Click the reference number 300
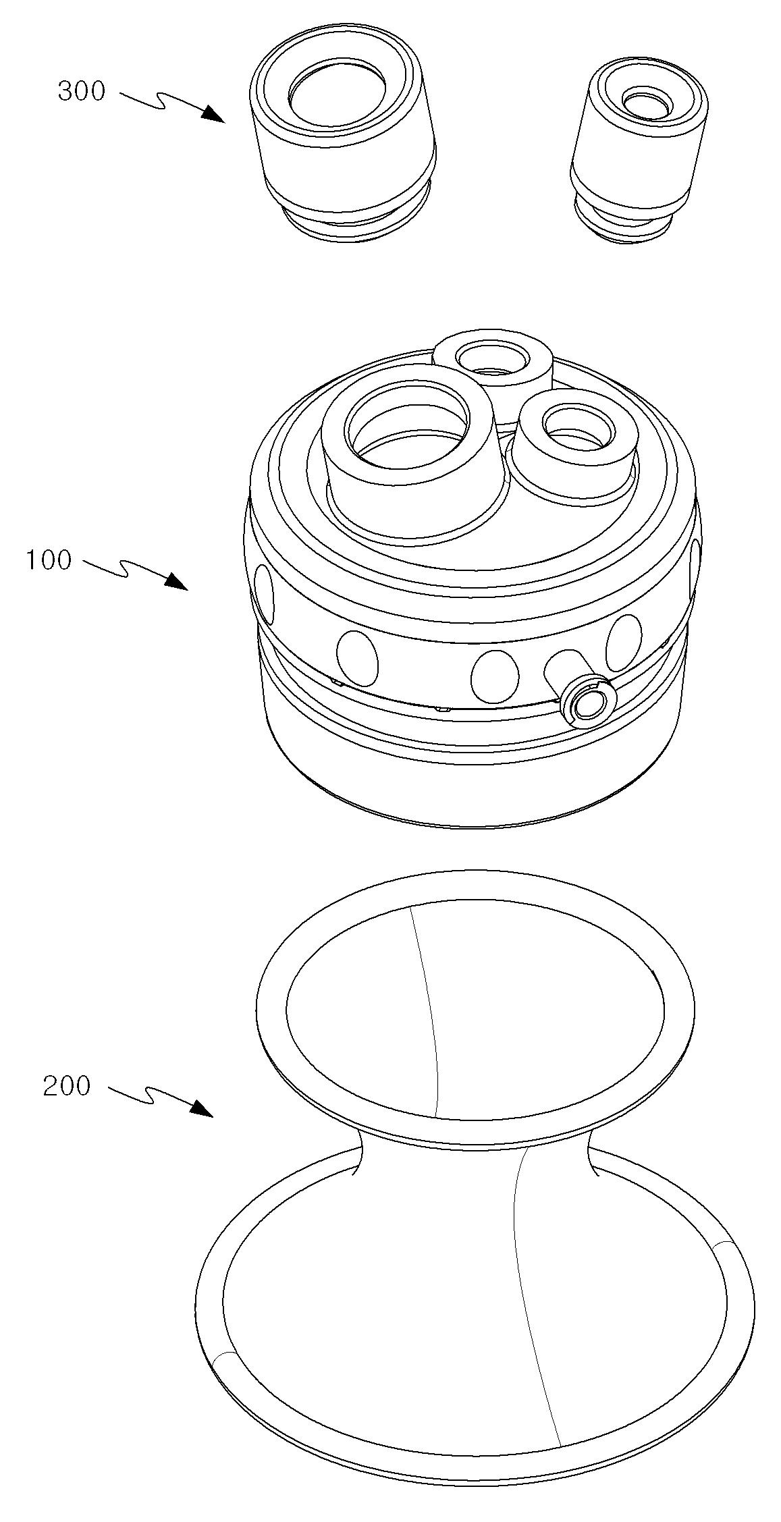coord(82,91)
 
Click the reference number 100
coord(49,560)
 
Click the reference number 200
coord(66,1086)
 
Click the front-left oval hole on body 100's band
coord(358,655)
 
